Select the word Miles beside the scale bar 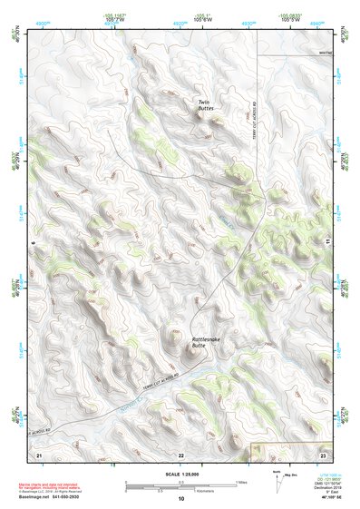pos(240,482)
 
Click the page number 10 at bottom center pos(180,498)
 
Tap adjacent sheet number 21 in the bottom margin pos(39,454)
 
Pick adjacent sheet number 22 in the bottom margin pos(180,454)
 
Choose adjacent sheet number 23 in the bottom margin pos(322,454)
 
